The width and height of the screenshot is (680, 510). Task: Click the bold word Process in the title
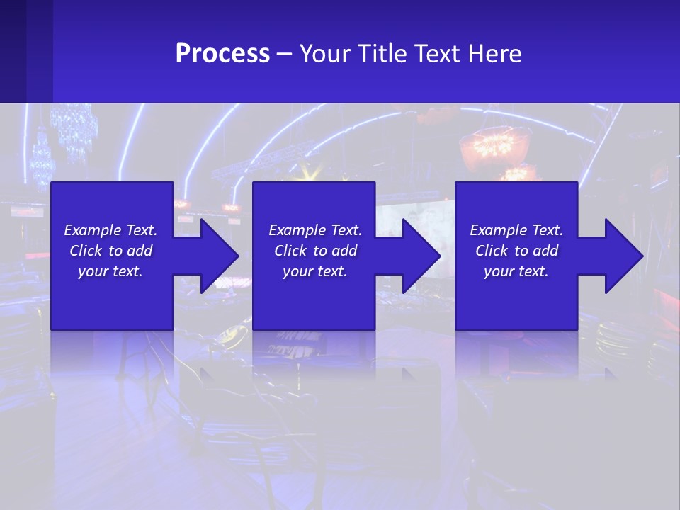[222, 54]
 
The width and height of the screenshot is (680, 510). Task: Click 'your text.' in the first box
[110, 271]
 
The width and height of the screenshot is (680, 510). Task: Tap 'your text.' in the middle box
[314, 271]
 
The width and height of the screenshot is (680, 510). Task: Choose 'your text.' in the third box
[516, 271]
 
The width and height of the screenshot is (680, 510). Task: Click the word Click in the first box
[86, 251]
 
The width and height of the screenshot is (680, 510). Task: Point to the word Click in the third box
[492, 251]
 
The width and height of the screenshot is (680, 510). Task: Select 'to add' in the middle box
[334, 251]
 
